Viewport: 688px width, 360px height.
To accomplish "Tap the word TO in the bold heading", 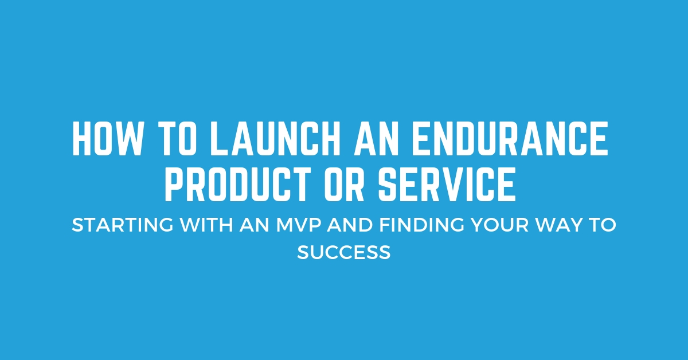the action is click(178, 138).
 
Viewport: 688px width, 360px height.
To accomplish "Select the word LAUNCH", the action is click(275, 138).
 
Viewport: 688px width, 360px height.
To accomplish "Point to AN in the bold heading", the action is click(376, 138).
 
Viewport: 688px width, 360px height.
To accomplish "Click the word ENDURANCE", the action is click(510, 138).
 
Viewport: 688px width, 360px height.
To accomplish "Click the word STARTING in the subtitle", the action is click(123, 225).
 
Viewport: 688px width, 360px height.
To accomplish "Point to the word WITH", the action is click(207, 225).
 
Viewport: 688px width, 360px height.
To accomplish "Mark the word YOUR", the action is click(500, 225).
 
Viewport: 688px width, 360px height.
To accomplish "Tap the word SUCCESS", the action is click(343, 252).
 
